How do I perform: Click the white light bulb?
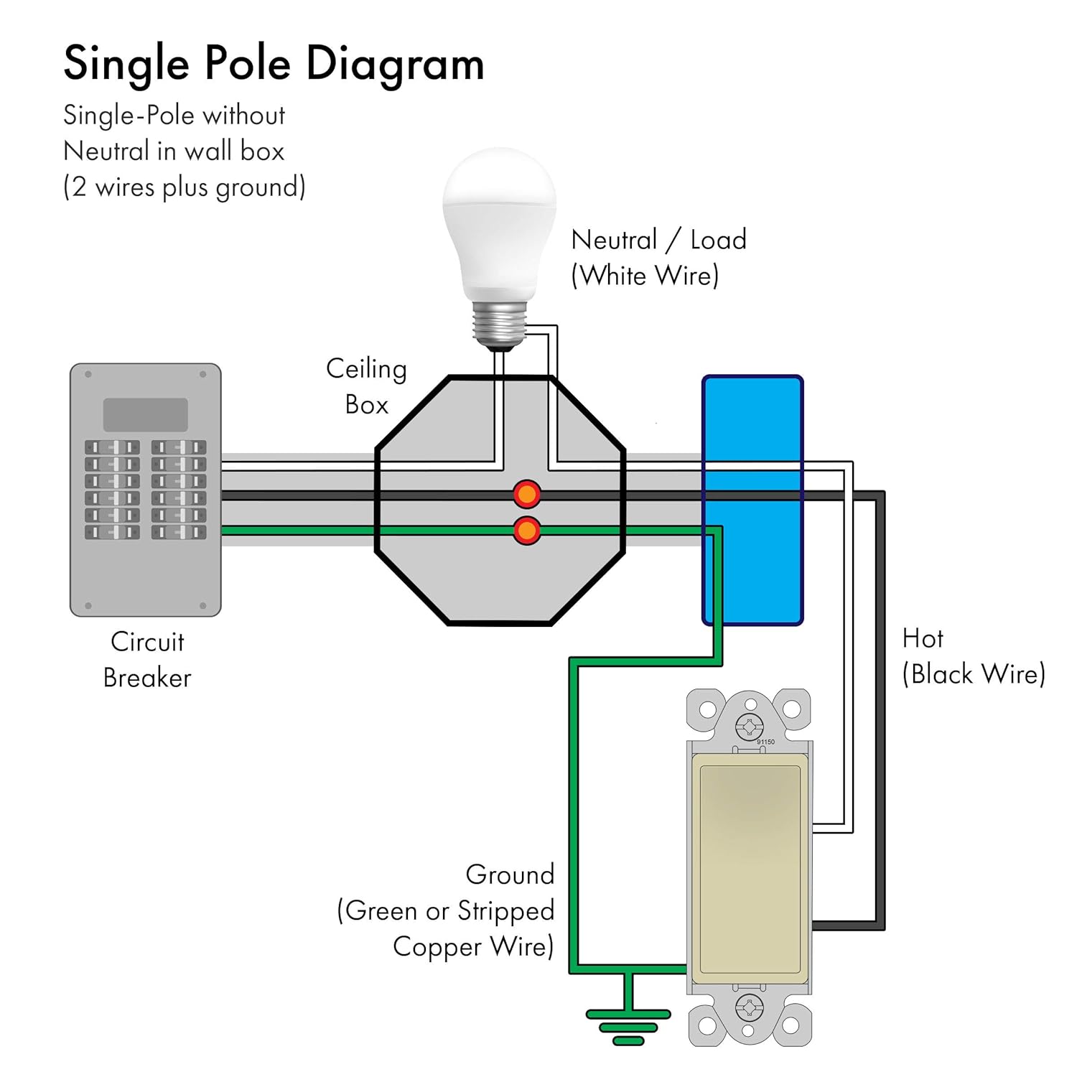tap(500, 223)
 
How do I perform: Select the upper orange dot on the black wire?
tap(527, 495)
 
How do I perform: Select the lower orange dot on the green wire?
tap(527, 531)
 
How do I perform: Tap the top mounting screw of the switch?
tap(749, 727)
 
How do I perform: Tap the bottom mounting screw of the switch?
tap(749, 1008)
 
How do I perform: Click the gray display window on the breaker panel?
tap(146, 414)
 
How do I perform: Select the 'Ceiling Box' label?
tap(366, 386)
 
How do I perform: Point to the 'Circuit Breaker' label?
tap(147, 659)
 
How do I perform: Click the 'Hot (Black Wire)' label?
tap(973, 656)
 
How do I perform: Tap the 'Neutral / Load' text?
tap(658, 240)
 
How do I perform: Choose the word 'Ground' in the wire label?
tap(510, 875)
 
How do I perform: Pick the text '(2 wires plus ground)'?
tap(185, 187)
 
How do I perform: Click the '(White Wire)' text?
tap(645, 276)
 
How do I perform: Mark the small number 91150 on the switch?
tap(765, 742)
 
